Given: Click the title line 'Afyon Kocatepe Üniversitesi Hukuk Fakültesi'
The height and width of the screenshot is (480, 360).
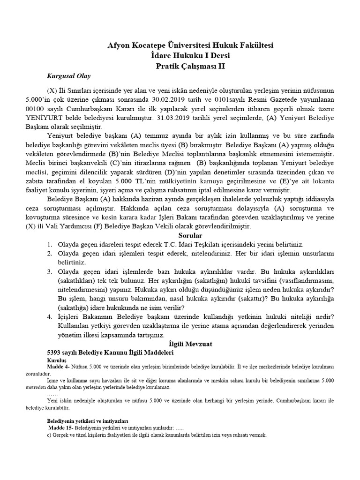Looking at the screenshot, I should click(x=190, y=45).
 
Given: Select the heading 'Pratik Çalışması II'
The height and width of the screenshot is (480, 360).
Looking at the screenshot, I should click(x=190, y=66).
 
